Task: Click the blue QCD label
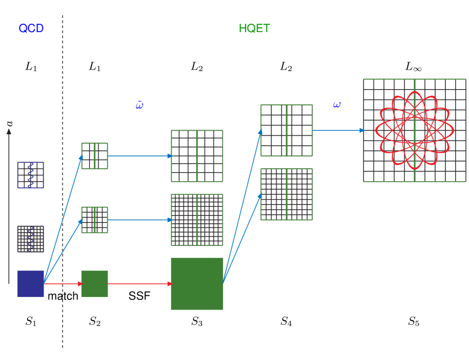pos(31,28)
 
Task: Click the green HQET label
pos(254,28)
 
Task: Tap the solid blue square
pos(31,283)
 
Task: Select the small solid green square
pos(95,283)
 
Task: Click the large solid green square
pos(197,283)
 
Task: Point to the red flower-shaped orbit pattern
pos(414,130)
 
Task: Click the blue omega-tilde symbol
pos(139,105)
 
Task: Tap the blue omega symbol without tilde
pos(336,105)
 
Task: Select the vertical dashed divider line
pos(62,178)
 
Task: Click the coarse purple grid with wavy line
pos(31,175)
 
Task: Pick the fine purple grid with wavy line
pos(31,239)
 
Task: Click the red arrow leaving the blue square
pos(63,284)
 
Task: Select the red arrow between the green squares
pos(139,284)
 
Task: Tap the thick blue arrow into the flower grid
pos(338,130)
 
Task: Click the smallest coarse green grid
pos(95,156)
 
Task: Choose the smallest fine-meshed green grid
pos(95,220)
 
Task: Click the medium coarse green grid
pos(197,156)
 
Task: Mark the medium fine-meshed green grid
pos(197,220)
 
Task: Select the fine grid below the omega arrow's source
pos(287,194)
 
